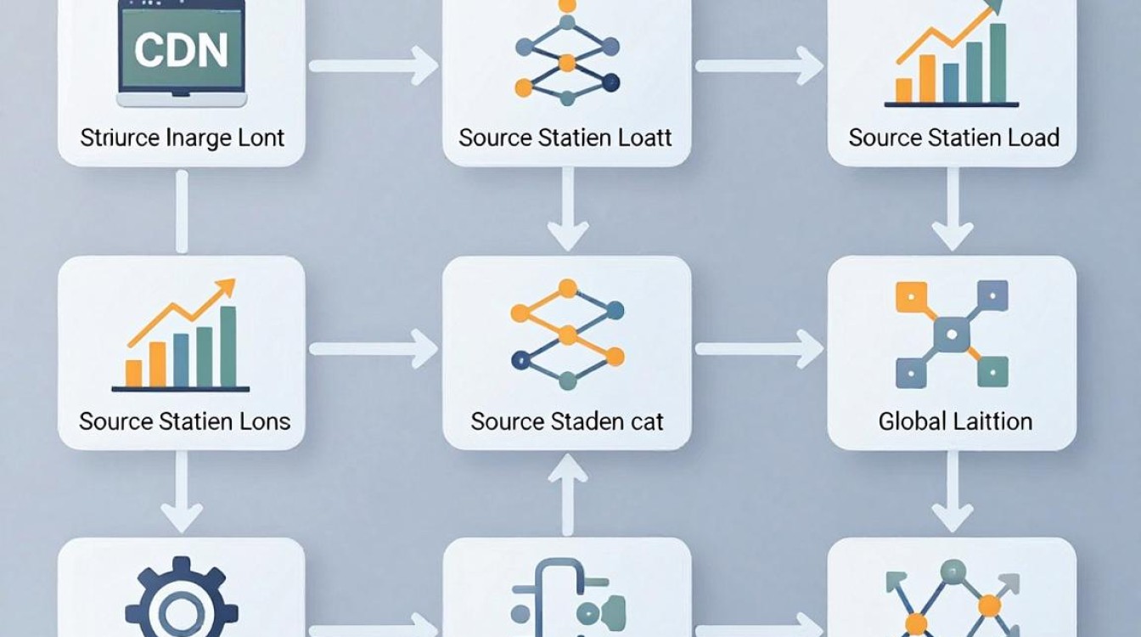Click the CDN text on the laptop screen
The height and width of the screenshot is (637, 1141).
point(182,49)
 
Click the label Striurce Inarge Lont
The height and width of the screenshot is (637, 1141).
point(182,138)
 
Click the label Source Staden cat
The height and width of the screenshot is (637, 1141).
point(567,421)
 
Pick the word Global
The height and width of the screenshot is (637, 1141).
point(908,421)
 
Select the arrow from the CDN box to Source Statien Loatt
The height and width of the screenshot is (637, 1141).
point(374,65)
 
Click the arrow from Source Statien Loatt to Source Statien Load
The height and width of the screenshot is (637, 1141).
point(760,65)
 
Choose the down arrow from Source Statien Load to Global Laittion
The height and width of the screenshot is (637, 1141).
point(953,209)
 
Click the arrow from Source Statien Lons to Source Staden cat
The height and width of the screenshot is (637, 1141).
point(374,348)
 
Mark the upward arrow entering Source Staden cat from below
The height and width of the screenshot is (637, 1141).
point(567,494)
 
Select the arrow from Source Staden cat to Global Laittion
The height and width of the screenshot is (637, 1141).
point(760,348)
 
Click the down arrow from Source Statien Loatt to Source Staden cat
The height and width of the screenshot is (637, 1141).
point(567,209)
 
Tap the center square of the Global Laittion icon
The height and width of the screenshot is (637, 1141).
point(952,335)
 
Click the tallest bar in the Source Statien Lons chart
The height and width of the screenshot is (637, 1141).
point(228,347)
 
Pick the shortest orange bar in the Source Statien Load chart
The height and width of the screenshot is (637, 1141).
point(903,90)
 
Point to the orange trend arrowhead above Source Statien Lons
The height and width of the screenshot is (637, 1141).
point(226,289)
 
